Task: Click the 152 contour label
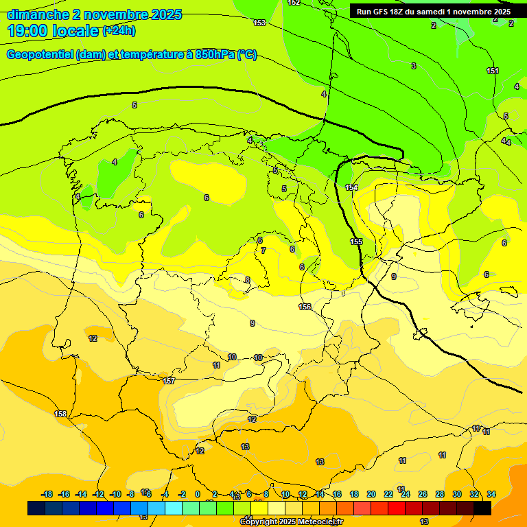[x=294, y=3]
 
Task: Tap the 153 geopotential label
[x=259, y=23]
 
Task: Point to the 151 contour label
[x=493, y=71]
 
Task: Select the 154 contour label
[x=352, y=187]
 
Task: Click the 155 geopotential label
[x=356, y=242]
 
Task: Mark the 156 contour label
[x=305, y=307]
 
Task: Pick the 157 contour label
[x=169, y=380]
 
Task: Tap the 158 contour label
[x=61, y=414]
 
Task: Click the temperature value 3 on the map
[x=414, y=66]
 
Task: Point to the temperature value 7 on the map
[x=263, y=250]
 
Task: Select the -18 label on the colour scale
[x=47, y=494]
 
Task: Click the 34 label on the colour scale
[x=491, y=494]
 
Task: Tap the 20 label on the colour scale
[x=371, y=494]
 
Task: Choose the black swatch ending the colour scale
[x=482, y=508]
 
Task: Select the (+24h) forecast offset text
[x=119, y=30]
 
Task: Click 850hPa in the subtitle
[x=215, y=55]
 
